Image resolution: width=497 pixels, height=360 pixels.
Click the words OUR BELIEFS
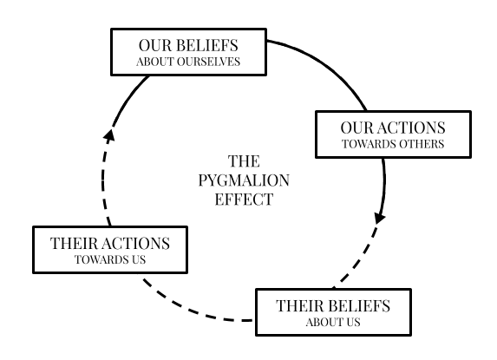point(188,45)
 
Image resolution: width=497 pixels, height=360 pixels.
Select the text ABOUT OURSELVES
point(188,62)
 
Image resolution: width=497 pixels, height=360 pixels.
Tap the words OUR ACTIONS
point(393,128)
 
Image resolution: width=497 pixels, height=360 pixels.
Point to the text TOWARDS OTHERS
point(393,144)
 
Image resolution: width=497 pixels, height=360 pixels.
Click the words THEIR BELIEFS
point(333,306)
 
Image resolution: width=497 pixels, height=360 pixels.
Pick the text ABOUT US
point(333,323)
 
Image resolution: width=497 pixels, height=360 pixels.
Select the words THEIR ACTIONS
point(110,244)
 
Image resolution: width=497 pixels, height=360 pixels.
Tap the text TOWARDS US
point(110,260)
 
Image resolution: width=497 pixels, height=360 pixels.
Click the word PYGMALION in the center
point(244,180)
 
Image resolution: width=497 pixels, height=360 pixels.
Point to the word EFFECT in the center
point(244,200)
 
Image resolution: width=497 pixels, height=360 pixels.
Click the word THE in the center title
point(244,161)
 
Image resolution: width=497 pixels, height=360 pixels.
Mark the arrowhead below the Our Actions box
point(379,218)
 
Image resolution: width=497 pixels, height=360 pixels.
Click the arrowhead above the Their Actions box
point(109,134)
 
